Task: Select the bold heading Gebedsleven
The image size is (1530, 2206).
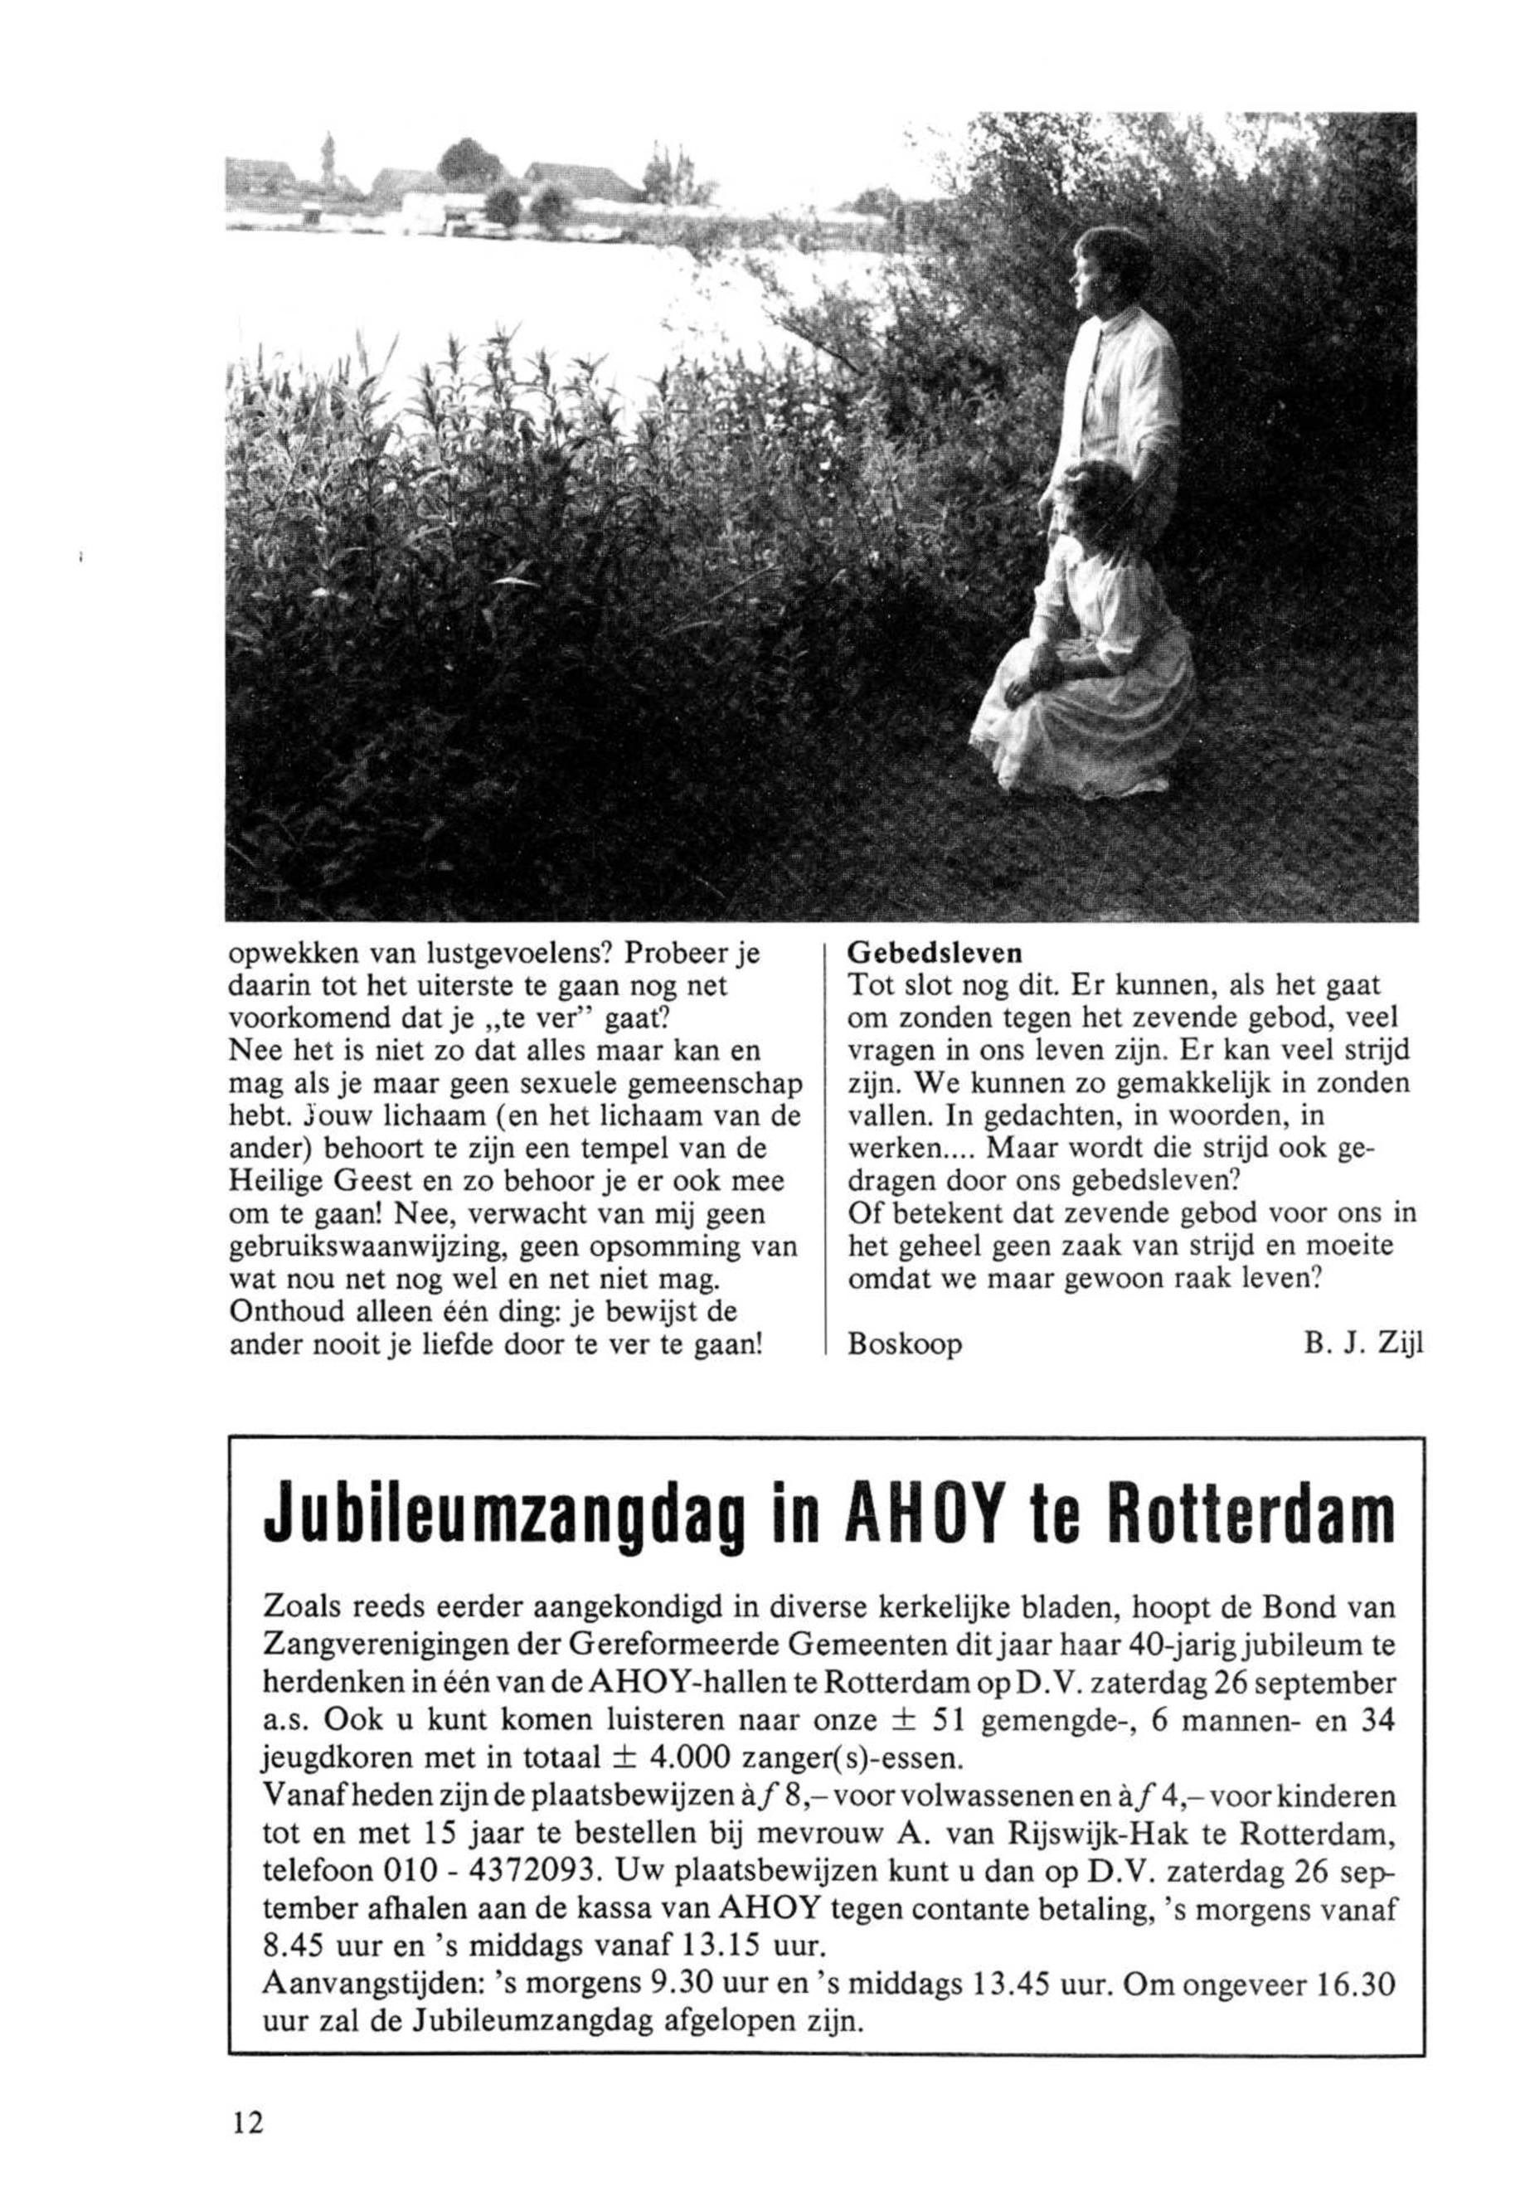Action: pos(935,955)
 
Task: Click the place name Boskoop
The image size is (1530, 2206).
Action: pos(905,1345)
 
